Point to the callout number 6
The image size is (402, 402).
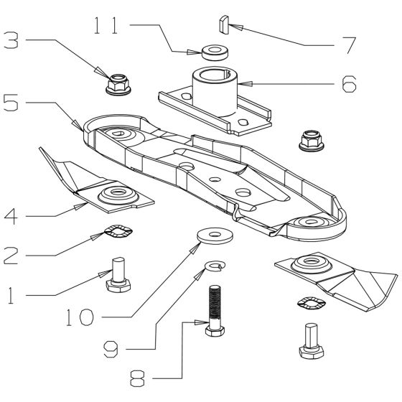coord(347,85)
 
